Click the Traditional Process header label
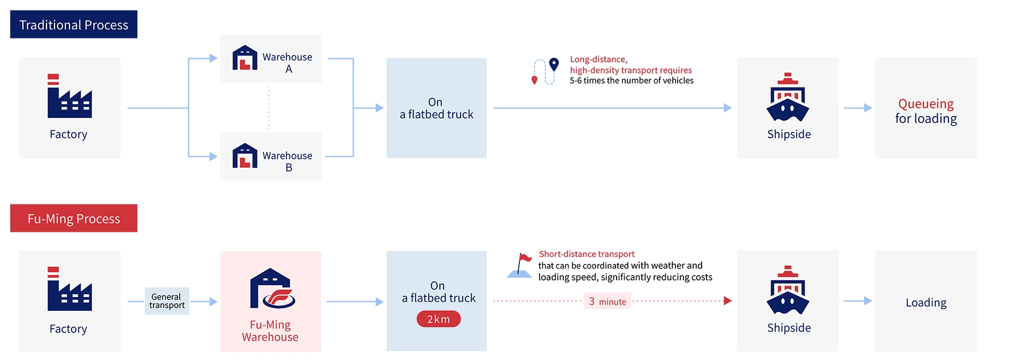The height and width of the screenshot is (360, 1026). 74,25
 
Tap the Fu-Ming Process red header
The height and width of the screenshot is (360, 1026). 74,218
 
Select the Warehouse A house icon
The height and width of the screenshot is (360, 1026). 245,58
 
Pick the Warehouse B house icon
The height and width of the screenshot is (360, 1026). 245,155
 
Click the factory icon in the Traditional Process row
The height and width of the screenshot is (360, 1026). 69,96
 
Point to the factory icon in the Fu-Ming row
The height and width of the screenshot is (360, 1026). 69,289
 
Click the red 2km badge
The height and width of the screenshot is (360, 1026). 438,319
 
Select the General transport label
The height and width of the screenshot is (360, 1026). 167,301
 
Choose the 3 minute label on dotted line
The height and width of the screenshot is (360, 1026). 607,301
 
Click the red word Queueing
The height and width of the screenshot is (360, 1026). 926,104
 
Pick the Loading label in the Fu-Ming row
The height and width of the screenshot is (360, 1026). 926,303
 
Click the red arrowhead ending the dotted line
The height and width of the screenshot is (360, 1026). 727,301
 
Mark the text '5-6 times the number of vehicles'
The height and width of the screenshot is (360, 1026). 631,81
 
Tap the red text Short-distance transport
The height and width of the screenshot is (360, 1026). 586,254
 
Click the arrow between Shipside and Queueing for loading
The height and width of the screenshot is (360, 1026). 857,108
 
